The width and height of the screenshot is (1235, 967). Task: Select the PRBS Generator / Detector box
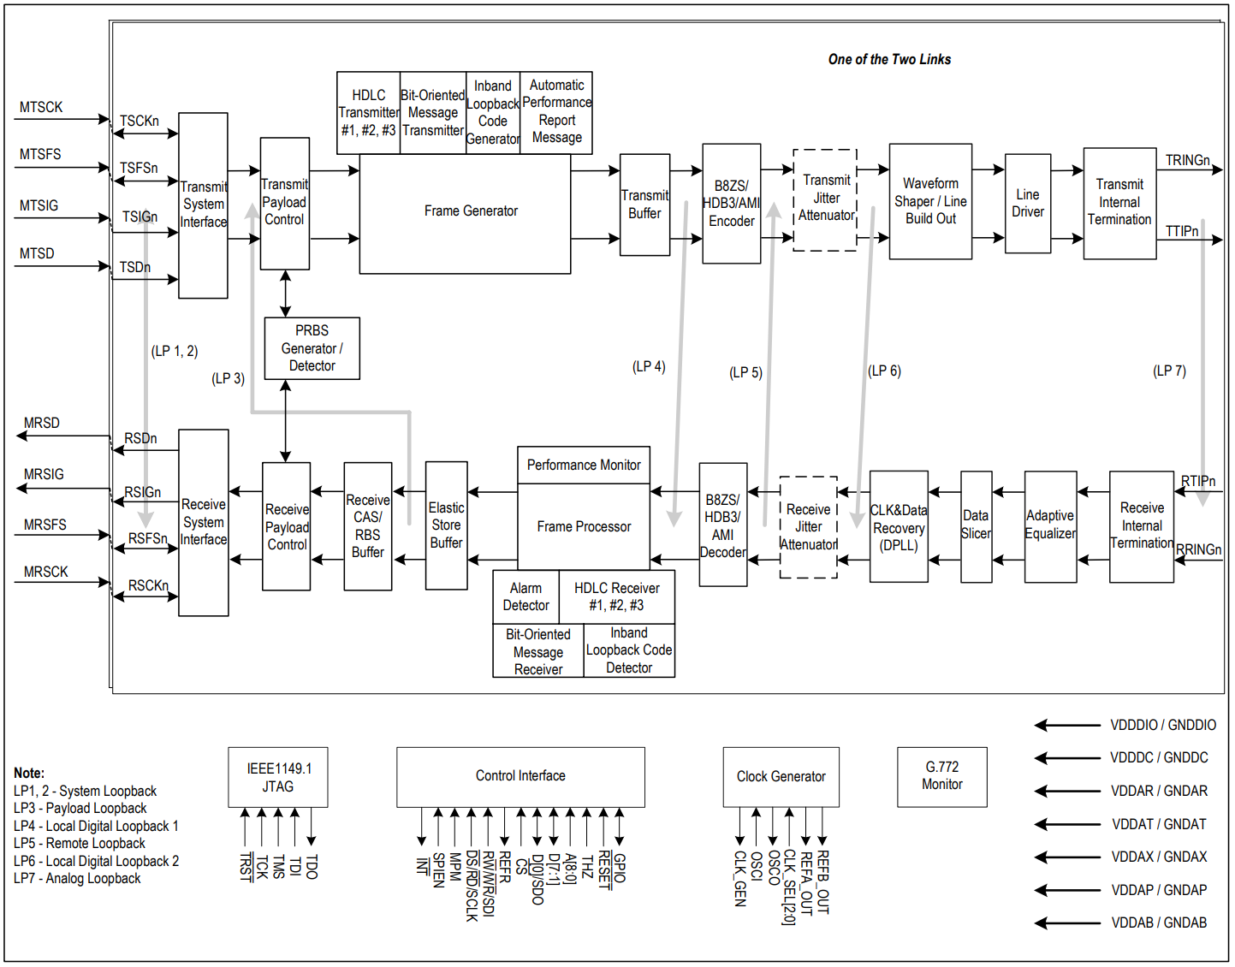(312, 348)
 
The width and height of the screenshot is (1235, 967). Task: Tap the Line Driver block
(1027, 204)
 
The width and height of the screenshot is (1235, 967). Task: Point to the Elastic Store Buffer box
(446, 525)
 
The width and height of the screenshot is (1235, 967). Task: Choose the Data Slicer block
(976, 525)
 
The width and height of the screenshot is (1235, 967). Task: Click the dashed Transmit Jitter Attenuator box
(825, 199)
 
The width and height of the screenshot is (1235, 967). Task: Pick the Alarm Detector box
(525, 597)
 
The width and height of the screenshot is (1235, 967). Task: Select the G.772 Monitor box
(941, 776)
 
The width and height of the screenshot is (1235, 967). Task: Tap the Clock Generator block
(781, 776)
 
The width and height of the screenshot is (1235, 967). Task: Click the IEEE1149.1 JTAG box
(277, 777)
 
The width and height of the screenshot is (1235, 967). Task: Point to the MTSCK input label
(41, 108)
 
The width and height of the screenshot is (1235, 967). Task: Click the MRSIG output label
(44, 474)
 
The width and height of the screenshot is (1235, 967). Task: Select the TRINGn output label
(1187, 161)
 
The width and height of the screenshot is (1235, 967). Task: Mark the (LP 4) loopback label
(649, 367)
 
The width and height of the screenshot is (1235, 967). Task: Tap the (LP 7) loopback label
(1169, 371)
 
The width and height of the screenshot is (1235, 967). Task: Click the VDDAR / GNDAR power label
(1159, 792)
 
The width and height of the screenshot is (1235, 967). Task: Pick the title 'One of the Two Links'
(889, 60)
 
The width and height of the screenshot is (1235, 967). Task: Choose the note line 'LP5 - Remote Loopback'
(80, 844)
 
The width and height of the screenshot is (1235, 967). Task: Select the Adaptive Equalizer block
(1050, 525)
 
